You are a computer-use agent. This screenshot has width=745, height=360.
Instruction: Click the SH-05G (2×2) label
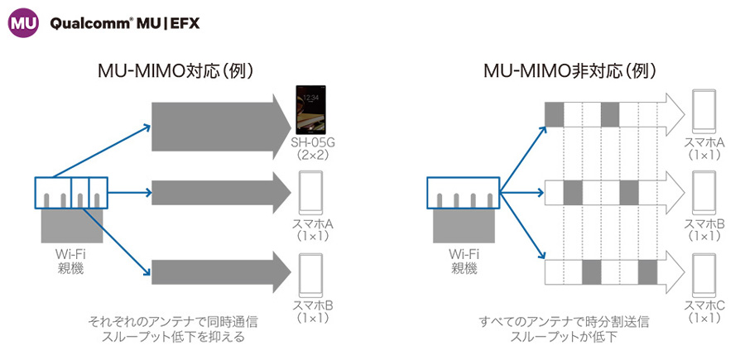[312, 149]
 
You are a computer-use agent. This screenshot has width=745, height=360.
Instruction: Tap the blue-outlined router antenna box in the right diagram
[463, 193]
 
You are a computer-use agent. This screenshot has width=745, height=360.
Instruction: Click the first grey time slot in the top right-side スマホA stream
[554, 112]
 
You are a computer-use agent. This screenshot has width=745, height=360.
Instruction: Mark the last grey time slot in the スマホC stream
[647, 272]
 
